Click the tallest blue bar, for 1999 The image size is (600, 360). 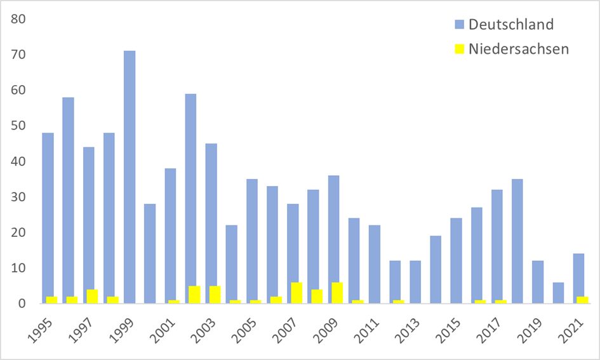tap(130, 177)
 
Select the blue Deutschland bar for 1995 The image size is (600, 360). tap(48, 218)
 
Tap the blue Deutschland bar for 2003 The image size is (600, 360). tap(211, 223)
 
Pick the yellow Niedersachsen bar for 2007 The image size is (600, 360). tap(297, 293)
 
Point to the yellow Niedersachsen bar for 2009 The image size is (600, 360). tap(337, 293)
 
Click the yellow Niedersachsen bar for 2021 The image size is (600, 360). tap(582, 300)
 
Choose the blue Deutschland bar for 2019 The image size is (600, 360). tap(538, 282)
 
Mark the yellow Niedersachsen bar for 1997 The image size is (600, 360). tap(92, 297)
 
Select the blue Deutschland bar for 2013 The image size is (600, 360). tap(415, 282)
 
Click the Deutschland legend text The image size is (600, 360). tap(511, 24)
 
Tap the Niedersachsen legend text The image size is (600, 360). tap(519, 49)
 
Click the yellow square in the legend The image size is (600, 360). tap(459, 49)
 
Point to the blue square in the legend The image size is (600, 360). tap(459, 25)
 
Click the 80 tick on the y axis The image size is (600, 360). tap(18, 19)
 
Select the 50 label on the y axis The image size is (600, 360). tap(18, 126)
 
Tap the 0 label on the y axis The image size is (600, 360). tap(22, 303)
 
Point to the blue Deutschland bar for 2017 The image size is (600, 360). tap(497, 246)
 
